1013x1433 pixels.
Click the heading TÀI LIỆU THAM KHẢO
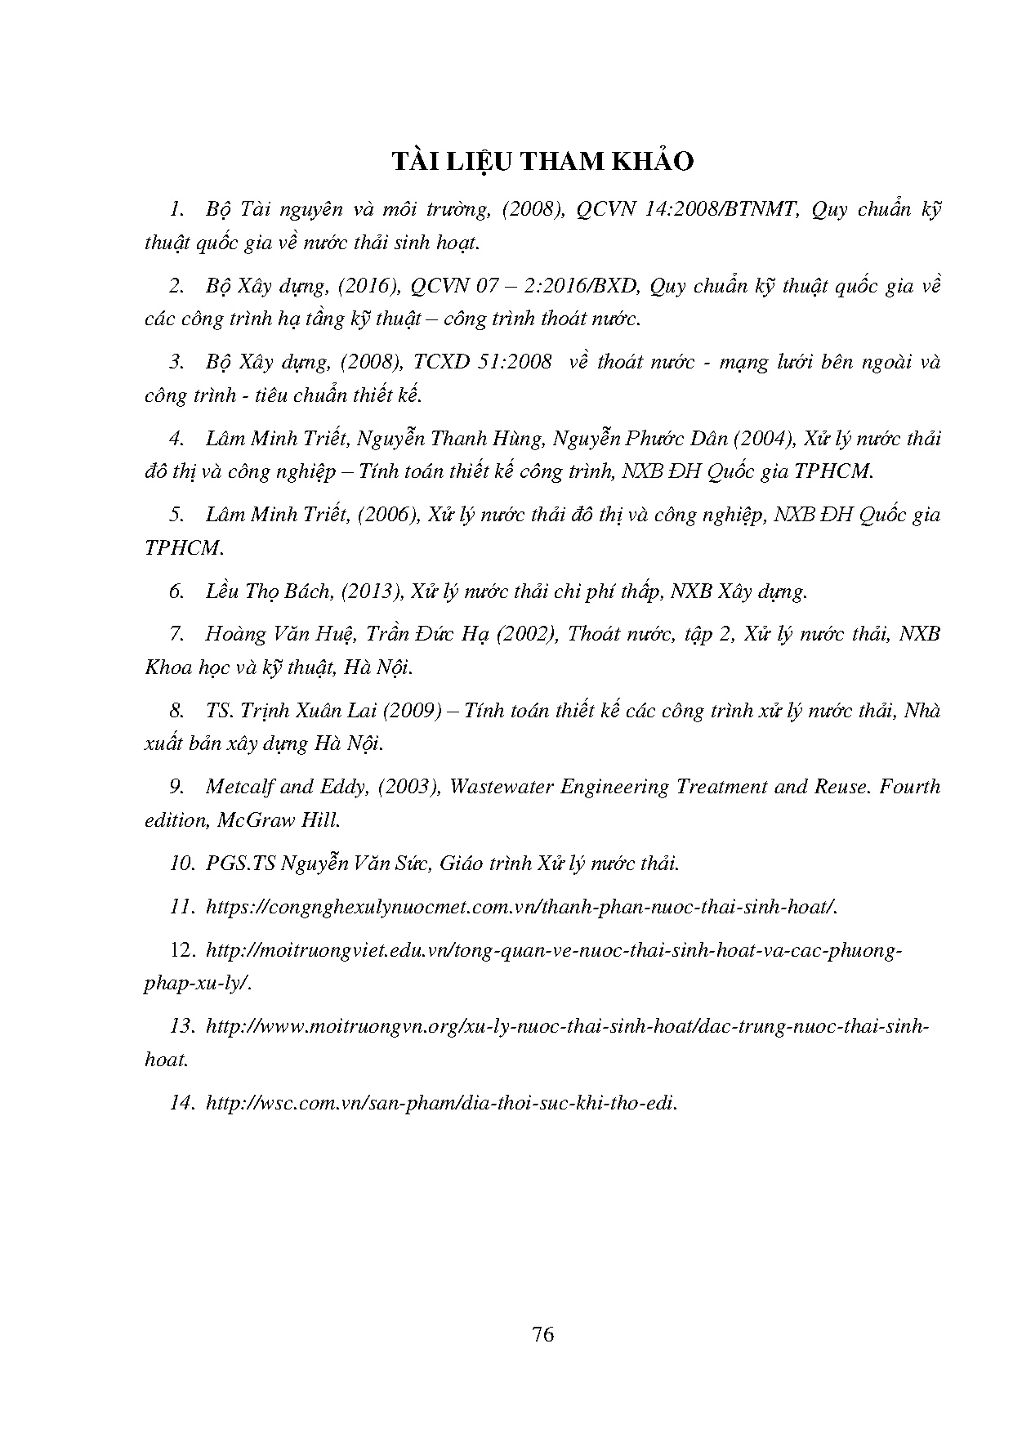click(x=542, y=162)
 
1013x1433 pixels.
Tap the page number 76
click(x=542, y=1335)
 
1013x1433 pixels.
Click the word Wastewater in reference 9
click(x=501, y=787)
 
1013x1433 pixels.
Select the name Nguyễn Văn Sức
click(x=355, y=864)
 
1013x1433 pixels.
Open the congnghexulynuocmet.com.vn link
click(x=523, y=907)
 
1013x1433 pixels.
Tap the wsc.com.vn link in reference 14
click(x=442, y=1104)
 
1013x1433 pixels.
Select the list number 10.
click(x=181, y=864)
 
